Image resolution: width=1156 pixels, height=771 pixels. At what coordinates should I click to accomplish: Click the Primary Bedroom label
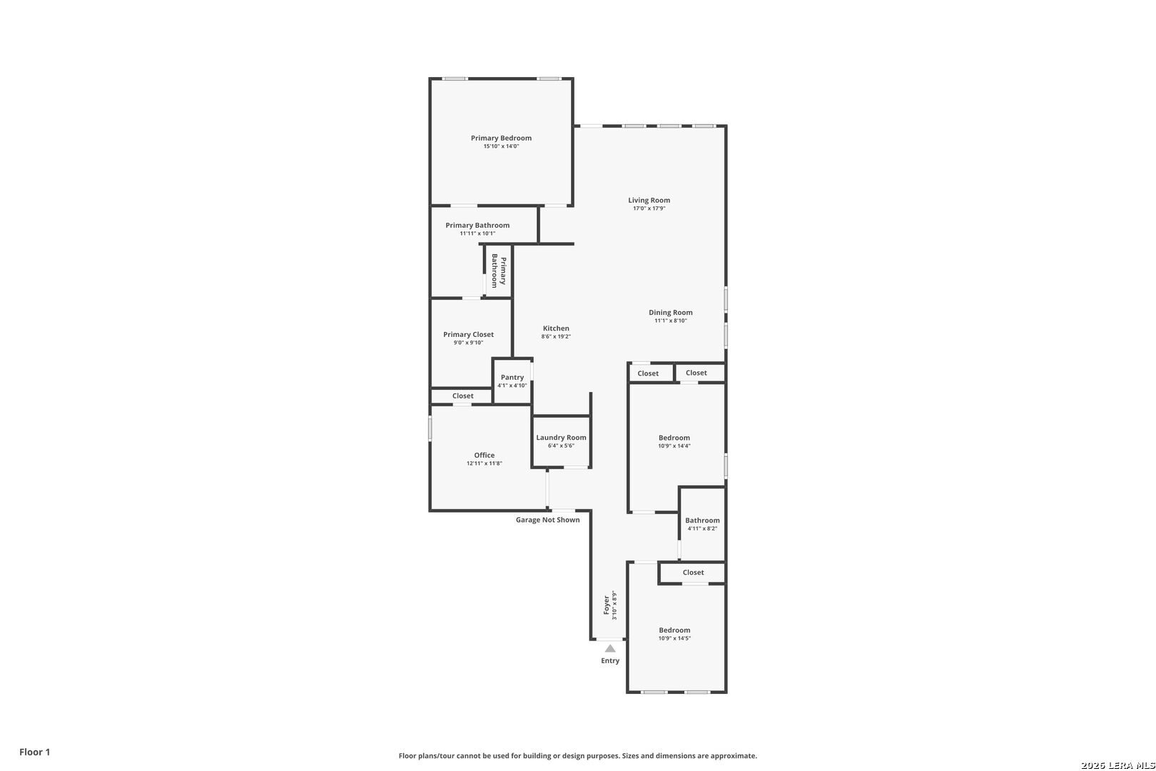pos(501,138)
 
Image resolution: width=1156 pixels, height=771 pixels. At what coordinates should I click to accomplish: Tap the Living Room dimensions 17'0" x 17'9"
pos(649,208)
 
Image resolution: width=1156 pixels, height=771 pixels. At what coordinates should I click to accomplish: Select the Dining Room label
pos(670,313)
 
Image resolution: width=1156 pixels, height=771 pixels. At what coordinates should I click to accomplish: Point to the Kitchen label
pos(556,328)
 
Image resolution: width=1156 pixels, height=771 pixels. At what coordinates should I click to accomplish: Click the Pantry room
pos(512,381)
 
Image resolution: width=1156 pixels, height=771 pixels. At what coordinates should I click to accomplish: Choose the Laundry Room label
pos(561,438)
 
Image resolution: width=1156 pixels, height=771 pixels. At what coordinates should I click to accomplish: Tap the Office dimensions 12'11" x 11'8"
pos(484,464)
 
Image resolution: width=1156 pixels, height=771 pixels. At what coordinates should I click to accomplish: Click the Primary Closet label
pos(468,335)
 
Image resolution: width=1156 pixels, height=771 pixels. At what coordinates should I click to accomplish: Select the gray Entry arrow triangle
pos(610,649)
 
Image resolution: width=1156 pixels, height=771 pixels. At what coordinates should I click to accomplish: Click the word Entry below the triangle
pos(610,660)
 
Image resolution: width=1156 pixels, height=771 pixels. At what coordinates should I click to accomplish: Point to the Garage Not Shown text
pos(547,520)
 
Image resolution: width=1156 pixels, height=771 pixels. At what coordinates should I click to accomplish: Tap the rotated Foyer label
pos(607,605)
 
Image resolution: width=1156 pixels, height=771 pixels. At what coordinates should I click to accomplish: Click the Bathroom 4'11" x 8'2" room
pos(702,524)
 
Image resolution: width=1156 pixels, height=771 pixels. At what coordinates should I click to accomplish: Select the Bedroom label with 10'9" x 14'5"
pos(674,630)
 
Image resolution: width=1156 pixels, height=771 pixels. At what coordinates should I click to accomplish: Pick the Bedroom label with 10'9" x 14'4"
pos(674,438)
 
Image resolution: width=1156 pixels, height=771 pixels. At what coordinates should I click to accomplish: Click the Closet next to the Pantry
pos(462,396)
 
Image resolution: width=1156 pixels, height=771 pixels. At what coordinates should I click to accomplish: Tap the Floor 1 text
pos(34,752)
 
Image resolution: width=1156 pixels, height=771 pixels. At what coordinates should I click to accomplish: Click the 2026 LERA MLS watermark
pos(1117,765)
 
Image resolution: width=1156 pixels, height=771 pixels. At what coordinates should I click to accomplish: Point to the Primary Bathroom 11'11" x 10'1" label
pos(477,228)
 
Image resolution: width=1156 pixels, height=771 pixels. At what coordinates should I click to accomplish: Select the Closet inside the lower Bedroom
pos(693,573)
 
